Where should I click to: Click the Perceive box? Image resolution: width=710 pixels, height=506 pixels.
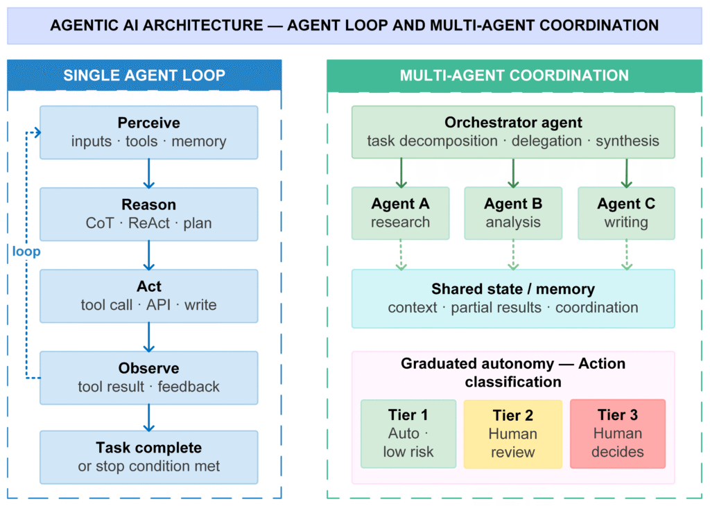149,132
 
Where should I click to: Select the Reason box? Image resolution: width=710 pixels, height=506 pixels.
149,214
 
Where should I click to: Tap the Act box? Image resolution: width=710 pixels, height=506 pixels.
149,296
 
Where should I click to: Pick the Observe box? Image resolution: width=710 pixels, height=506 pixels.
149,378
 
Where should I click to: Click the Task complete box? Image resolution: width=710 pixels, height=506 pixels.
149,457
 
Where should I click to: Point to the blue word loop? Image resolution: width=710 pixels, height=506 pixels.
26,251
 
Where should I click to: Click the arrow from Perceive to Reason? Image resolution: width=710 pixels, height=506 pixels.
149,173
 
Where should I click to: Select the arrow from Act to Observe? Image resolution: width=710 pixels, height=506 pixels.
149,337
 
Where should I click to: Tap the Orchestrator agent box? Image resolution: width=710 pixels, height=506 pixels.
513,132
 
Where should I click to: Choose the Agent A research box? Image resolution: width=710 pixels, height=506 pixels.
400,213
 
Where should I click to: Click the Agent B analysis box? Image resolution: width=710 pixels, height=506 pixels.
513,213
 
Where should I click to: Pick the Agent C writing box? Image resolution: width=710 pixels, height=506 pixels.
626,213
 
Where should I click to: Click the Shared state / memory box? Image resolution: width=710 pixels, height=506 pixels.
513,299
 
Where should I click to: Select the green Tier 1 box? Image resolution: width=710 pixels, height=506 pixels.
408,434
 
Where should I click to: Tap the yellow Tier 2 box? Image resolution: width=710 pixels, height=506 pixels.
512,434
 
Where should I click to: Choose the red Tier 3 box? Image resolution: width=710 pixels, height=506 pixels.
618,434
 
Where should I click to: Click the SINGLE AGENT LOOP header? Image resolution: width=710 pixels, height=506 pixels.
144,75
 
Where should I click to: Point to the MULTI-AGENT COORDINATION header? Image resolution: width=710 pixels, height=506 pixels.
514,76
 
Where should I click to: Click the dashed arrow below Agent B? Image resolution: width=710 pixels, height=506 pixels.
513,255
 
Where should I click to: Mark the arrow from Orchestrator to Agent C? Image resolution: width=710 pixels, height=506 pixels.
626,173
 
